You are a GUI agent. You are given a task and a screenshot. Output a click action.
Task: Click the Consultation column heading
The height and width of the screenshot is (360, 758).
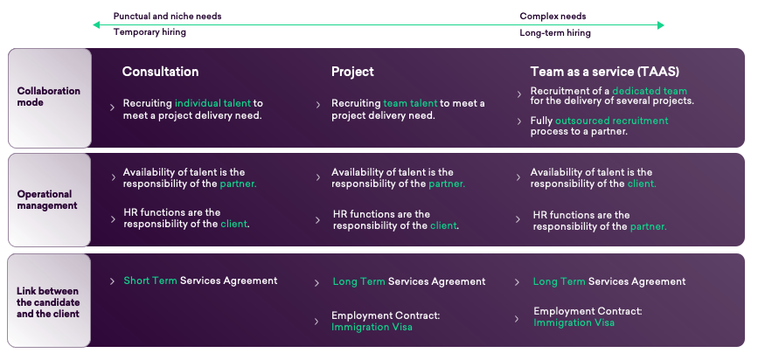point(160,72)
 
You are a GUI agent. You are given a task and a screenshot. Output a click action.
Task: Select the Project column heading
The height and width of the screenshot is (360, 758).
point(352,72)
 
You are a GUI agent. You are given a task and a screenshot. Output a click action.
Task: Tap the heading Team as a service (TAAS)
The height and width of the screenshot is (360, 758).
point(605,72)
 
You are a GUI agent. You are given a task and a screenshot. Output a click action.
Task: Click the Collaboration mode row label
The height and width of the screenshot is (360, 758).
point(49,97)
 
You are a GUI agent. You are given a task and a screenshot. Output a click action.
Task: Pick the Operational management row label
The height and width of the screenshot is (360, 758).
point(47,199)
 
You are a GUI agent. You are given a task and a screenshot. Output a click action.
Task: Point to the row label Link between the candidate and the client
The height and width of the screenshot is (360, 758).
point(48,302)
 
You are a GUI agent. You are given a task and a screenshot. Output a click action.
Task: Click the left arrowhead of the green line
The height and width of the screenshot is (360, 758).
point(97,24)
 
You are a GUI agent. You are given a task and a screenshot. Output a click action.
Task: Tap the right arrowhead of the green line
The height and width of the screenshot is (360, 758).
point(661,24)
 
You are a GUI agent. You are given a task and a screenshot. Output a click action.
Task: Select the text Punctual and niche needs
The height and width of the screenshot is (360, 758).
point(167,17)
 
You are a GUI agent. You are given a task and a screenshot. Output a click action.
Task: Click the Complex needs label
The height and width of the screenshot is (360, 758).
point(553,17)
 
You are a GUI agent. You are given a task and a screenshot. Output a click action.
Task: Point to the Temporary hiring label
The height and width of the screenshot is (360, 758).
point(150,32)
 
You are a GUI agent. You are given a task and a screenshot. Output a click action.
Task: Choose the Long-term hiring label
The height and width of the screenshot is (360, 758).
point(555,33)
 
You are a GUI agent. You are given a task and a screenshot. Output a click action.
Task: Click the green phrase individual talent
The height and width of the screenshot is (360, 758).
point(212,103)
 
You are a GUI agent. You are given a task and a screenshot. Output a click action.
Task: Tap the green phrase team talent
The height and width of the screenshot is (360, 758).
point(410,103)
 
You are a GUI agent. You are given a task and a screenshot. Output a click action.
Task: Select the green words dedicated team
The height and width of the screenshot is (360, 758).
point(650,91)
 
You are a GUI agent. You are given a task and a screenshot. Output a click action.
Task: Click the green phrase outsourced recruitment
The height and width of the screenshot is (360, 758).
point(611,121)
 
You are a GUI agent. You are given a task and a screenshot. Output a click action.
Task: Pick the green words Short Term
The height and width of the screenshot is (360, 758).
point(150,280)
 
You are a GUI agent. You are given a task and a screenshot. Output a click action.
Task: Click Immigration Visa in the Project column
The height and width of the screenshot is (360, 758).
point(372,327)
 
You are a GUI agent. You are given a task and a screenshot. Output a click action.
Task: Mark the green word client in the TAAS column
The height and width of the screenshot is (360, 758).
point(642,183)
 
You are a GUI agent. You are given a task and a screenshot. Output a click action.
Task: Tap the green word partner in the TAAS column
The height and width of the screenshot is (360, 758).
point(648,226)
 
